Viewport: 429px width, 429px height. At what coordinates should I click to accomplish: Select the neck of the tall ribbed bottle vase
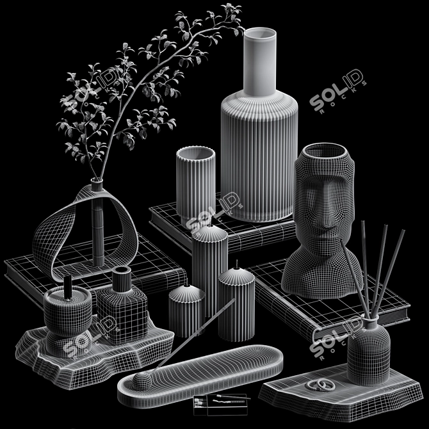click(260, 64)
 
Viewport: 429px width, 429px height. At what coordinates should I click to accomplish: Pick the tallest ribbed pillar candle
click(209, 269)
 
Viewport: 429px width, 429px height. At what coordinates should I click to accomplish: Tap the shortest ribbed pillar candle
click(186, 311)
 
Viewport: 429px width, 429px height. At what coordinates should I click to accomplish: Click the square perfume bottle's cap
click(122, 279)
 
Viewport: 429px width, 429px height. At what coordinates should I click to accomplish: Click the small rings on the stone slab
click(318, 385)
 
